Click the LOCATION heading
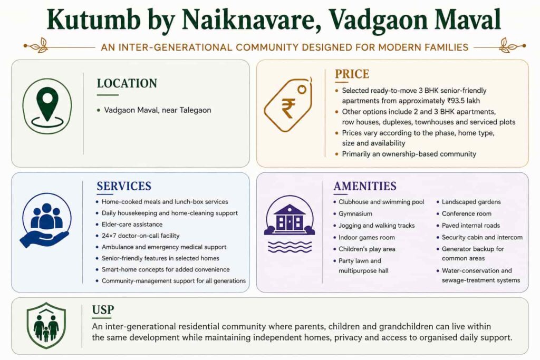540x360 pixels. pyautogui.click(x=127, y=83)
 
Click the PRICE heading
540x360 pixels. pyautogui.click(x=352, y=74)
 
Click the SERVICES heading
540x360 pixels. pyautogui.click(x=124, y=186)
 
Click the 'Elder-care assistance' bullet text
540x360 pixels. pyautogui.click(x=132, y=225)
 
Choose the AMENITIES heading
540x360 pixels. pyautogui.click(x=365, y=186)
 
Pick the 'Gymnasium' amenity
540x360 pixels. pyautogui.click(x=355, y=213)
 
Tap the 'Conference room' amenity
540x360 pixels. pyautogui.click(x=467, y=213)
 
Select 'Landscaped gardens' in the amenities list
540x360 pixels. pyautogui.click(x=471, y=202)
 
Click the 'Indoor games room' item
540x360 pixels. pyautogui.click(x=367, y=238)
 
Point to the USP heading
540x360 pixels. pyautogui.click(x=103, y=310)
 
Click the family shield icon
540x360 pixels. pyautogui.click(x=46, y=326)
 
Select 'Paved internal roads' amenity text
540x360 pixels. pyautogui.click(x=471, y=226)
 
